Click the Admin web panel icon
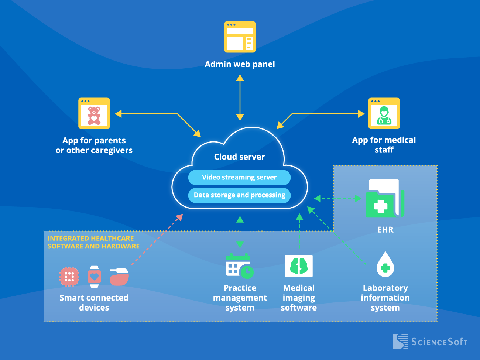point(240,37)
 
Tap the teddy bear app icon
point(94,113)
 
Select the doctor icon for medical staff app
point(384,113)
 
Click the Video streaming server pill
point(239,178)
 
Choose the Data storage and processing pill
point(239,195)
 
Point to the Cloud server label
point(239,157)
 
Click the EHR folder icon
point(384,199)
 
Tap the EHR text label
point(385,230)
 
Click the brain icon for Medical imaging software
point(299,266)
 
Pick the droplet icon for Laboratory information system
point(385,265)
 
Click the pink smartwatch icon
point(95,277)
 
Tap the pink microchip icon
point(69,277)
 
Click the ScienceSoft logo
point(430,342)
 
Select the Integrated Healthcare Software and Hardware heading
point(93,242)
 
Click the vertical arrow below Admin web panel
point(240,97)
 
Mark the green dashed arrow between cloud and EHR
point(337,199)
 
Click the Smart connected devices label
point(94,303)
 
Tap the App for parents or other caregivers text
point(94,145)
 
